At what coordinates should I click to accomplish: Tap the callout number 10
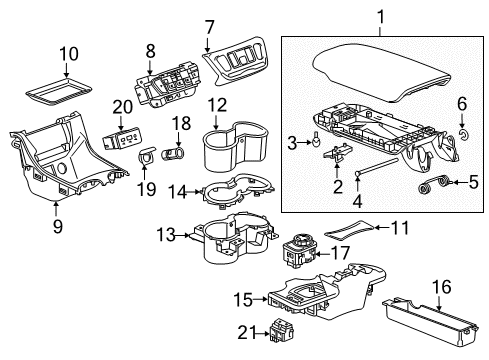[67, 53]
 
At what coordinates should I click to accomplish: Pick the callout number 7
[209, 26]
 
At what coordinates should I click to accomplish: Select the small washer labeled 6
[463, 131]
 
